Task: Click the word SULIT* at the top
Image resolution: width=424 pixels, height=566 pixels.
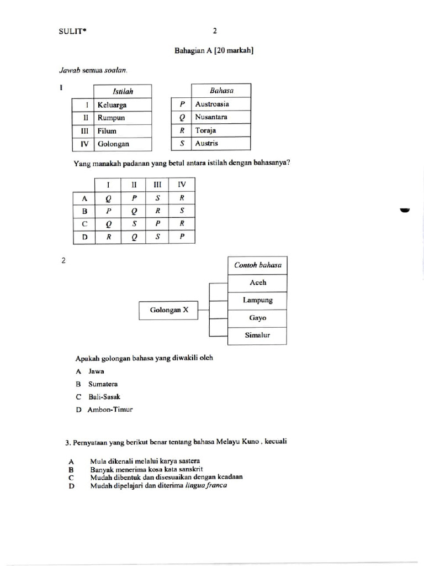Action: tap(73, 32)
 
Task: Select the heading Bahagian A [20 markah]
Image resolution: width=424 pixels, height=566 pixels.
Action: tap(214, 51)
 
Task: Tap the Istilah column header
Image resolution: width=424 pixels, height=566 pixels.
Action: tap(123, 91)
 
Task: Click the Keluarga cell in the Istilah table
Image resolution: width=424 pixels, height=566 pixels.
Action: tap(123, 104)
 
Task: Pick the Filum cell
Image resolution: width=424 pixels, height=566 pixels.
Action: tap(123, 131)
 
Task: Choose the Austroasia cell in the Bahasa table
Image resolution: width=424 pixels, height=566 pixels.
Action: tap(220, 104)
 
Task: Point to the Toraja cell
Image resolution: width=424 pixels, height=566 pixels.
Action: tap(220, 130)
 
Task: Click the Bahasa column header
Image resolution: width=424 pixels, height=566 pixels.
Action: tap(220, 90)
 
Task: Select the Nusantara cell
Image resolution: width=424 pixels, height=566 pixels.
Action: tap(220, 117)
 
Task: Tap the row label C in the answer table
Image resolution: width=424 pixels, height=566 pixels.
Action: tap(84, 224)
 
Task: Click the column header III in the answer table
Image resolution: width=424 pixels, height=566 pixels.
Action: tap(157, 185)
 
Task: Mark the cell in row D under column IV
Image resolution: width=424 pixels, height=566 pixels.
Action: tap(182, 237)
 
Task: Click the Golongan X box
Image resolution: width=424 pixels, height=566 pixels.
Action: tap(169, 311)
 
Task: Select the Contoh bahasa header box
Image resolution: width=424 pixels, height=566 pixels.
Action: tap(257, 265)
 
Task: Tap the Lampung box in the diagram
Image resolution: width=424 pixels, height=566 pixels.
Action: tap(257, 300)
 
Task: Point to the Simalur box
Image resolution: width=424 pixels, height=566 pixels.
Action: tap(257, 336)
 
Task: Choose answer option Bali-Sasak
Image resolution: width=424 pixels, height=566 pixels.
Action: tap(104, 397)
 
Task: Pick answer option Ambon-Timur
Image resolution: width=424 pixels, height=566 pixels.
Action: tap(110, 410)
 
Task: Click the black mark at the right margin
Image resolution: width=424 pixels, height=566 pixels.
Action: tap(405, 210)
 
